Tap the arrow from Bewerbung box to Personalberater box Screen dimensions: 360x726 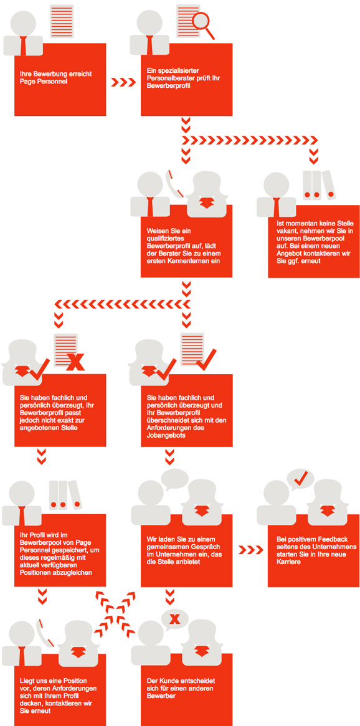[x=123, y=82]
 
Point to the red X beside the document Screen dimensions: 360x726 [x=75, y=362]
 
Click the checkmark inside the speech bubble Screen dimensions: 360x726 [x=301, y=477]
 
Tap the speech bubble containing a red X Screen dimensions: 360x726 [x=174, y=618]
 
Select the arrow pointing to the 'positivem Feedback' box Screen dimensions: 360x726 [x=250, y=550]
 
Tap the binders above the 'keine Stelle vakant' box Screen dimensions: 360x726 [x=318, y=185]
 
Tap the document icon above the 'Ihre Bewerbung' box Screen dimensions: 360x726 [x=62, y=22]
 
